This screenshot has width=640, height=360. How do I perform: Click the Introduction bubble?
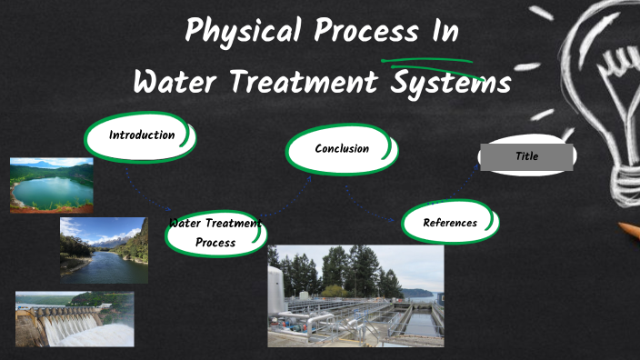coord(141,135)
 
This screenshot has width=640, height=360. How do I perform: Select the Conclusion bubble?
coord(342,149)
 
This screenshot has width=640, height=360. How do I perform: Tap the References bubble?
coord(450,223)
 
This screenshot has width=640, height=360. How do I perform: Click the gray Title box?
coord(527,156)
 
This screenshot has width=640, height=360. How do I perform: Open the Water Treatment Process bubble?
coord(215,234)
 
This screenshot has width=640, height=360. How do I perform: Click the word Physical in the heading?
coord(244,33)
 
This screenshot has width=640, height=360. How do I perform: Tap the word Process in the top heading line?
coord(363,33)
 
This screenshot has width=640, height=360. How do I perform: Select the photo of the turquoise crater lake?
coord(51,185)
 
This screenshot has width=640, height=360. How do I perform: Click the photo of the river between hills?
coord(103,249)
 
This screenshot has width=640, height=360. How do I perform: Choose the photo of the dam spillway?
coord(75,318)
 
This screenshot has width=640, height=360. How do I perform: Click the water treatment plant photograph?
coord(355,295)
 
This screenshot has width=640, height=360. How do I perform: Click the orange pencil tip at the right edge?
coord(629,230)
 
